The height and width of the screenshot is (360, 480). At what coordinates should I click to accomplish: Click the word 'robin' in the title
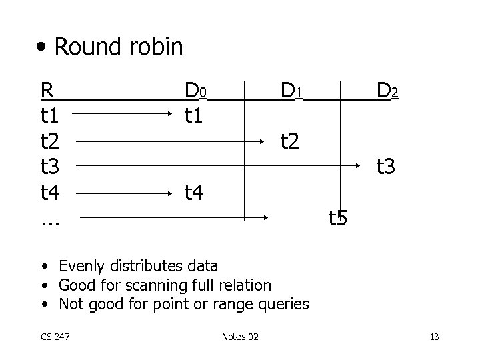[x=153, y=47]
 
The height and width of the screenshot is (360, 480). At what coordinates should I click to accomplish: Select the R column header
[x=47, y=90]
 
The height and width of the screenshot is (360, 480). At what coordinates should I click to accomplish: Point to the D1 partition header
[x=292, y=90]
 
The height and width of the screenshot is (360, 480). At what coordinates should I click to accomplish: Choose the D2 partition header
[x=387, y=90]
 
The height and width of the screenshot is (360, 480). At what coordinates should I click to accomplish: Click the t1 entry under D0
[x=195, y=116]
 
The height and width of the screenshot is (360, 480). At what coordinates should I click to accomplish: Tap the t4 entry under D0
[x=195, y=193]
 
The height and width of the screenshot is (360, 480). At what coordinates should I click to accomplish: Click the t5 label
[x=337, y=218]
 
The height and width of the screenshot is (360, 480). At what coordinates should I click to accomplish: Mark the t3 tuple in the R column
[x=50, y=167]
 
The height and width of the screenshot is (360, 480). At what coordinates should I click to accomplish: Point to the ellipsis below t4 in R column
[x=50, y=220]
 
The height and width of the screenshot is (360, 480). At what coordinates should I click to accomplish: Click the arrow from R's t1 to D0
[x=127, y=116]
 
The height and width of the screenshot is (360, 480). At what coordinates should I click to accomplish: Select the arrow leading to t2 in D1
[x=173, y=141]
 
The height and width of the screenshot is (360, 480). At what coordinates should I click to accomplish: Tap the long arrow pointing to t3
[x=220, y=167]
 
